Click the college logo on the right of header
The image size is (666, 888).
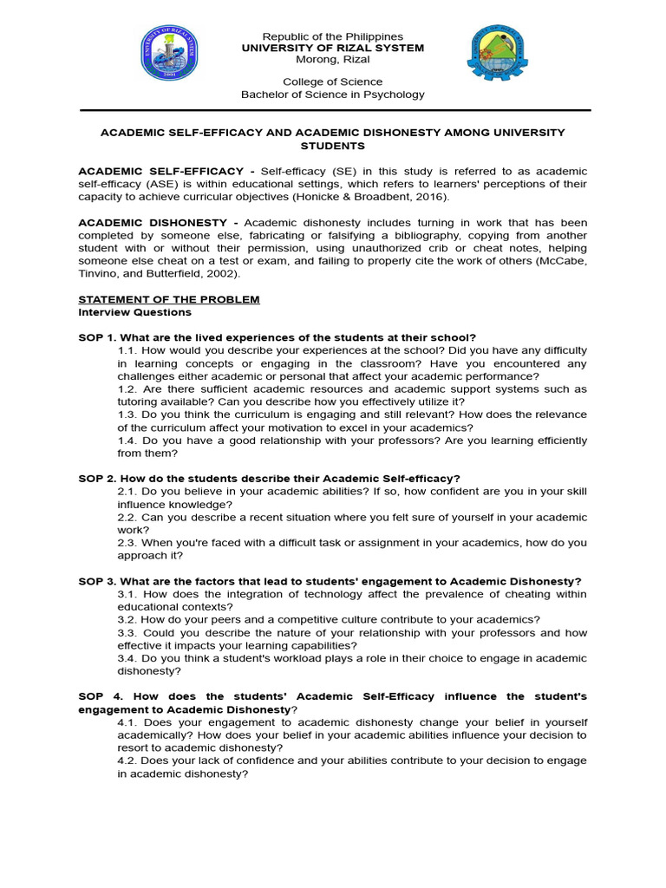click(497, 59)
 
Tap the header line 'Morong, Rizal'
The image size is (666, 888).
click(332, 60)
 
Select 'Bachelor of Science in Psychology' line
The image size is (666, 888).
click(332, 95)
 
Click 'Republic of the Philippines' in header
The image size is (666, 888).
click(332, 36)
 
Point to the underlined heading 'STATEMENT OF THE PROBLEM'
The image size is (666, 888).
click(169, 299)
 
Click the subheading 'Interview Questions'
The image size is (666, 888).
click(134, 312)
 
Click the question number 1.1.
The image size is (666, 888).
click(127, 350)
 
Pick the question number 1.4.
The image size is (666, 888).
click(127, 441)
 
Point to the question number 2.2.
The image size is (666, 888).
click(127, 517)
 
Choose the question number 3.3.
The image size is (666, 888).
click(127, 632)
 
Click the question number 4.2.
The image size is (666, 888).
click(127, 761)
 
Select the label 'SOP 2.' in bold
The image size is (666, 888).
click(97, 479)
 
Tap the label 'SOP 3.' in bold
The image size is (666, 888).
click(97, 581)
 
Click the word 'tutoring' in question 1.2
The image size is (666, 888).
click(140, 402)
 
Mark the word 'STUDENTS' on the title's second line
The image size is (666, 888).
click(332, 146)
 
